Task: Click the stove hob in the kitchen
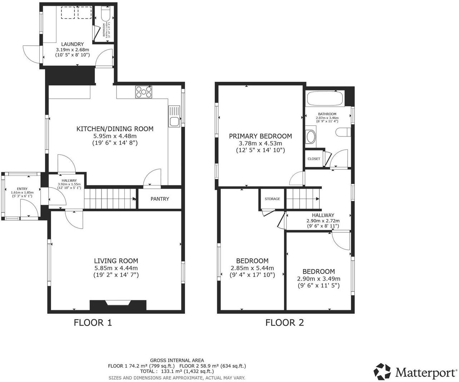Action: click(x=144, y=92)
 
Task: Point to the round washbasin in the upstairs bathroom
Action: click(x=311, y=137)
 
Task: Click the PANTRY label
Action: click(x=160, y=199)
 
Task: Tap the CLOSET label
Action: click(x=314, y=159)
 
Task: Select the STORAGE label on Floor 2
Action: click(x=272, y=199)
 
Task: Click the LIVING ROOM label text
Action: click(x=116, y=261)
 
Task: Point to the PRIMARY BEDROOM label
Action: click(x=260, y=136)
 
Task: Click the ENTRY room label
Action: click(x=22, y=189)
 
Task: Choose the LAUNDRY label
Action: click(x=72, y=44)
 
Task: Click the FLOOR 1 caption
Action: click(x=93, y=323)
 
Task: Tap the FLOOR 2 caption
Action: click(x=284, y=323)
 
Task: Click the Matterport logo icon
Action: click(x=382, y=372)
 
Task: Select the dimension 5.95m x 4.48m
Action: click(x=115, y=136)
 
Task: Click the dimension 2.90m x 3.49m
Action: click(x=319, y=279)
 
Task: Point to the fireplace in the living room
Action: click(x=118, y=304)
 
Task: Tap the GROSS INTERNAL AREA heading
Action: click(x=177, y=361)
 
